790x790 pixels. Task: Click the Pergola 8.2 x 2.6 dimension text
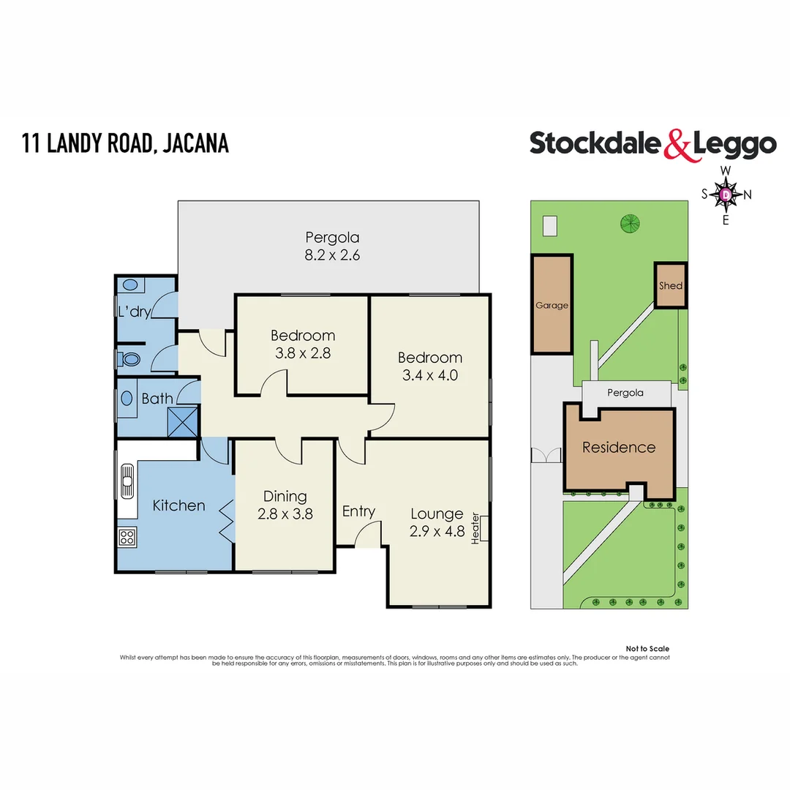(333, 256)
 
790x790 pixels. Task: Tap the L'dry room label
(134, 312)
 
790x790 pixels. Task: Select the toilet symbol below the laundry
(131, 359)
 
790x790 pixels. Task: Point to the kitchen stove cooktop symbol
(126, 538)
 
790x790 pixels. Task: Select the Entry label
(358, 511)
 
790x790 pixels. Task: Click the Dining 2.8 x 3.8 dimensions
(285, 513)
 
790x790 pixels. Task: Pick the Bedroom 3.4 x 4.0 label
(429, 366)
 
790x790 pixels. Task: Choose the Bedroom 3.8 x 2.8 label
(303, 345)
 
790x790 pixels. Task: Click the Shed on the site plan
(670, 285)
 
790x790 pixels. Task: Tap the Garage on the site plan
(552, 305)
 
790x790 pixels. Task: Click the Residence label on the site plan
(619, 447)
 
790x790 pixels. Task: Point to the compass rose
(726, 195)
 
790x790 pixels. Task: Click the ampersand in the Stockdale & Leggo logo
(677, 144)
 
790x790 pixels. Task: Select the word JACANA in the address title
(195, 142)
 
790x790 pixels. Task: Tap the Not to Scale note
(647, 649)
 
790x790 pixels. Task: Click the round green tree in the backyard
(629, 222)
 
